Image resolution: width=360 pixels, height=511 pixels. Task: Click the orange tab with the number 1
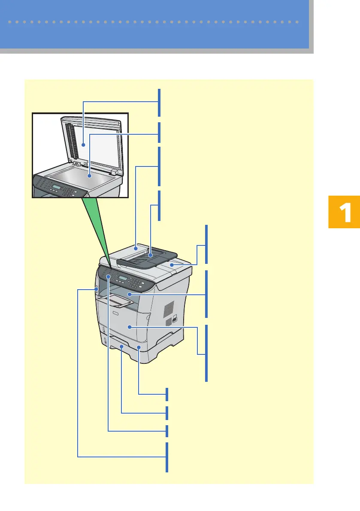pos(344,212)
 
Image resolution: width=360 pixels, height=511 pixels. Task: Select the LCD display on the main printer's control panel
pos(124,279)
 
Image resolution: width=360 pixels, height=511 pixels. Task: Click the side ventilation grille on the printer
pos(169,308)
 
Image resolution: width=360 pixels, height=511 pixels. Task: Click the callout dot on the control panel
pos(108,277)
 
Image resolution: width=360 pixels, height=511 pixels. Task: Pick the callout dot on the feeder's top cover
pos(136,248)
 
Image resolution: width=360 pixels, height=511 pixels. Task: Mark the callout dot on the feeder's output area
pos(172,266)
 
